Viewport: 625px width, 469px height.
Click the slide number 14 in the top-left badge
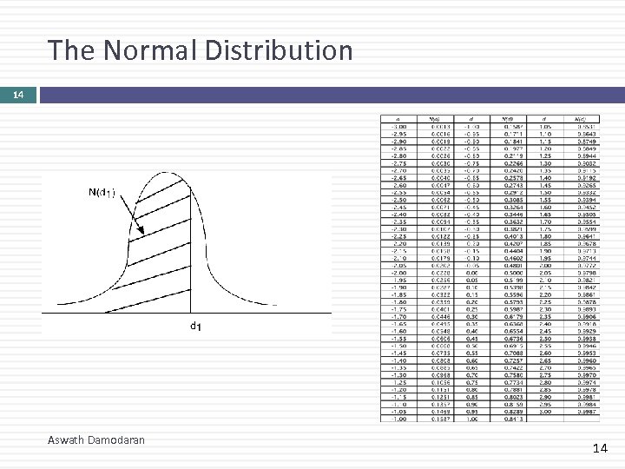(18, 94)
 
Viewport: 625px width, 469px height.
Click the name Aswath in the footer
(68, 440)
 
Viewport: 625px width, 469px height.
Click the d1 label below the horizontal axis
(196, 327)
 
